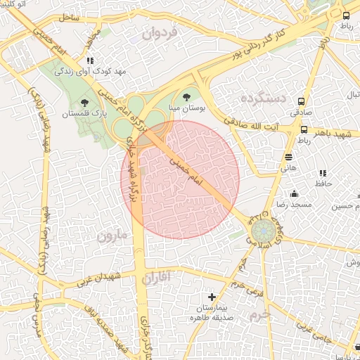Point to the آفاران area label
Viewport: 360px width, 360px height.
tap(156, 278)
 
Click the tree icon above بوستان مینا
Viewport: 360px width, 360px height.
tap(186, 97)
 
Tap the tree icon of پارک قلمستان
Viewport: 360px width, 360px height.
tap(85, 103)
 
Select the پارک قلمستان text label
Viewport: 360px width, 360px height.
tap(84, 114)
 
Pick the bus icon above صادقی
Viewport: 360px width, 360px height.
tap(302, 101)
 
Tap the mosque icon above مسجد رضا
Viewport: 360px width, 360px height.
tap(294, 193)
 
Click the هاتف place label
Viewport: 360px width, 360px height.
tap(289, 168)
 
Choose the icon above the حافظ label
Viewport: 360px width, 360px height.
tap(323, 173)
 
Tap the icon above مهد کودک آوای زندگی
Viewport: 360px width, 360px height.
tap(91, 60)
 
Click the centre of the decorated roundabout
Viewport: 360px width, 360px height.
tap(264, 231)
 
